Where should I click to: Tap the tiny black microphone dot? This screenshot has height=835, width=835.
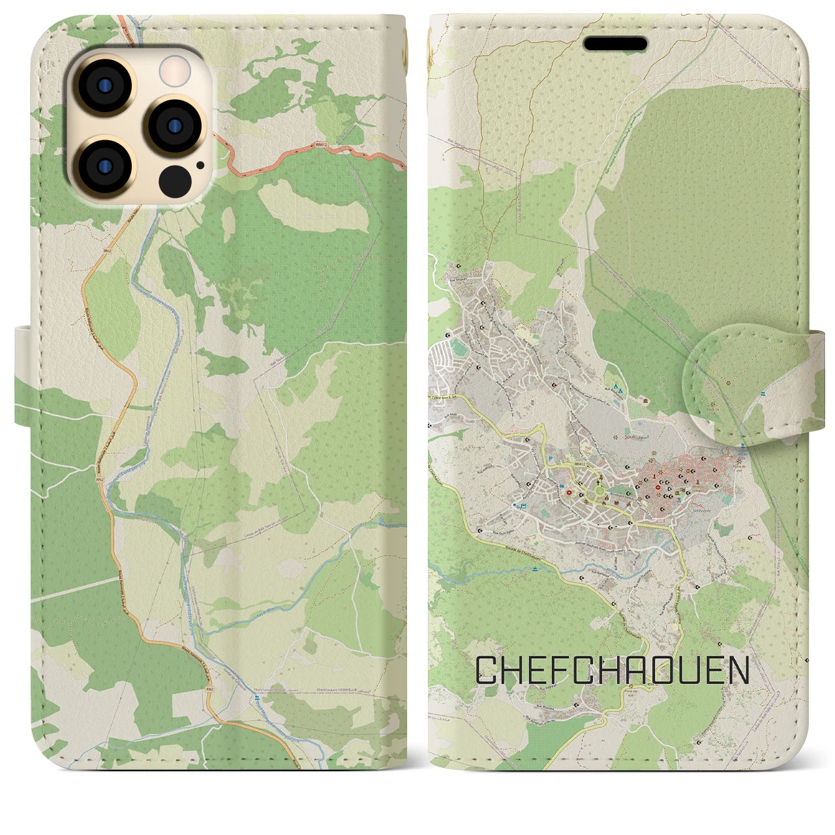[x=200, y=165]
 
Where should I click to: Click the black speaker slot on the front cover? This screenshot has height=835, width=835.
[x=615, y=44]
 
